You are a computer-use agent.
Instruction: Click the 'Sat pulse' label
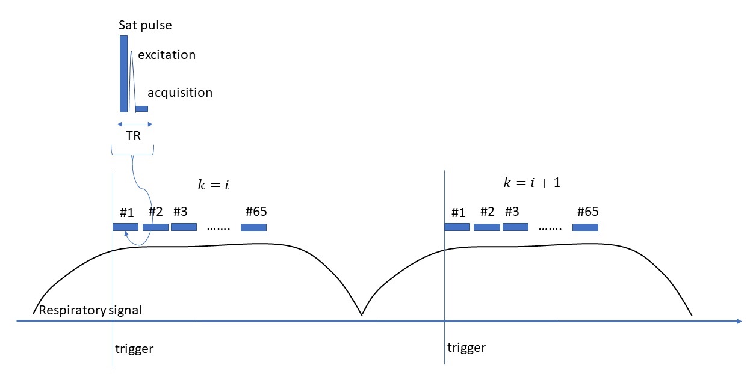pos(145,26)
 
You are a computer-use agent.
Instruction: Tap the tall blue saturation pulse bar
pos(123,73)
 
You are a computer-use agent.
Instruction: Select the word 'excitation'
pos(167,55)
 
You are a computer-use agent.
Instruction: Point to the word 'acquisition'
pos(180,93)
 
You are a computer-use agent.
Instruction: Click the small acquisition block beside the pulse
pos(141,109)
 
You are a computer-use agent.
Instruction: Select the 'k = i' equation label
pos(214,185)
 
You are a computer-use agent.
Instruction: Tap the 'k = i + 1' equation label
pos(531,183)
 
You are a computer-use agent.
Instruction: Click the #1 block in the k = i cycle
pos(125,227)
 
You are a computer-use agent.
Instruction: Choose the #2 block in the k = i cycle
pos(155,227)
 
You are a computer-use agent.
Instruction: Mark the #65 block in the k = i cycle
pos(253,227)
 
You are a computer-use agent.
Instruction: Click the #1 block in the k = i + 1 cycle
pos(457,227)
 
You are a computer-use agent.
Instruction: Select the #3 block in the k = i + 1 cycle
pos(515,227)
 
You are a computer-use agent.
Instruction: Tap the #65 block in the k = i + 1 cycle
pos(585,227)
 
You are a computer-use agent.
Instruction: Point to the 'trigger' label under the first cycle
pos(134,349)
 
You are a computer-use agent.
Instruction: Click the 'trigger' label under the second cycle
pos(466,348)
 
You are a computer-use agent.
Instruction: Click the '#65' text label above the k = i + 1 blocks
pos(587,212)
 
